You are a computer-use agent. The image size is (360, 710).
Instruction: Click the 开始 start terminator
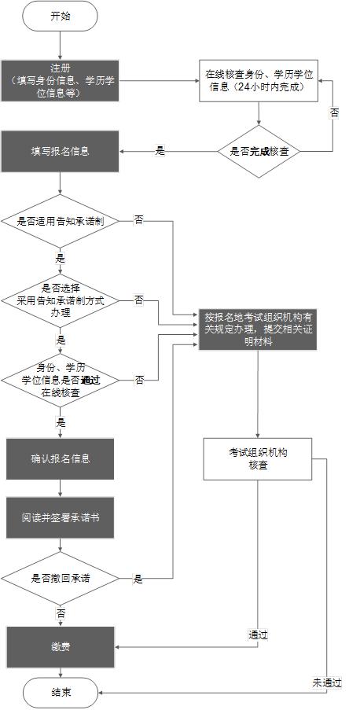tap(60, 16)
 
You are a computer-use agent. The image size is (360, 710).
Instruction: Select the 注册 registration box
tap(60, 80)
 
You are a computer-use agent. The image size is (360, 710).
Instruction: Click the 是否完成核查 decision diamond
tap(259, 150)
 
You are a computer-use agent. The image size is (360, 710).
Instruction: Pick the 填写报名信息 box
tap(60, 150)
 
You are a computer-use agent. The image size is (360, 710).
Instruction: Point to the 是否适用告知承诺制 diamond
tap(60, 222)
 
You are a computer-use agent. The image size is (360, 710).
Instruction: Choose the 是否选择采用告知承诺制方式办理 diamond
tap(60, 300)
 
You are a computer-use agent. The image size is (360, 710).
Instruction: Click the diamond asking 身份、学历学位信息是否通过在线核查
tap(60, 380)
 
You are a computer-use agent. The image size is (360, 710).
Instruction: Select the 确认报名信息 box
tap(60, 458)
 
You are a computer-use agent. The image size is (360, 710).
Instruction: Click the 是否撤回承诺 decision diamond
tap(60, 579)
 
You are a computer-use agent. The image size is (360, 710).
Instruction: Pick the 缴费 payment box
tap(60, 646)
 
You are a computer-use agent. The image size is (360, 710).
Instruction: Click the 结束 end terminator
tap(60, 693)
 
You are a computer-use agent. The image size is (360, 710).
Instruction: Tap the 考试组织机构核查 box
tap(259, 458)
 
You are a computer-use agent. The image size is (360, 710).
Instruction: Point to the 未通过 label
tap(326, 682)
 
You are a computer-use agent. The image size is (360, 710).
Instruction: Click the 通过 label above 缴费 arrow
tap(258, 635)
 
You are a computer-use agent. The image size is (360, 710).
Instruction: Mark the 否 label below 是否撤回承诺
tap(61, 612)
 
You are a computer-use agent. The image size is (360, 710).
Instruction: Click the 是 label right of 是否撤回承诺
tap(138, 579)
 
